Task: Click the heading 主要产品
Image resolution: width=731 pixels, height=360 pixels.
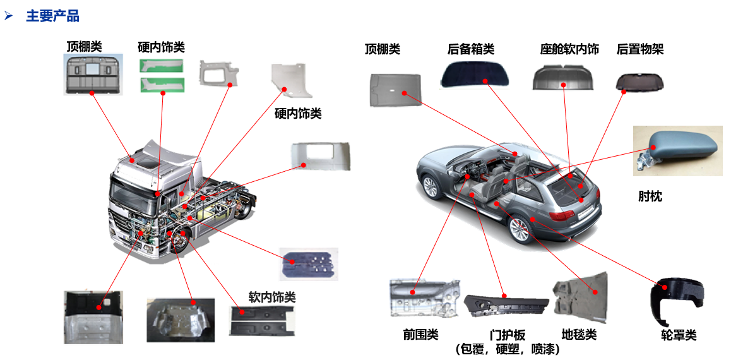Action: click(52, 16)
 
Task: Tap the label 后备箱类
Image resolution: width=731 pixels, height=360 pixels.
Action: click(470, 49)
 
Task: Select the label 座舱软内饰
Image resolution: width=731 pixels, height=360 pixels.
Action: click(569, 49)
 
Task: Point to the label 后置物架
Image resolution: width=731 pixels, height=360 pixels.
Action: click(639, 49)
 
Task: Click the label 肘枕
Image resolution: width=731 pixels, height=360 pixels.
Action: click(650, 196)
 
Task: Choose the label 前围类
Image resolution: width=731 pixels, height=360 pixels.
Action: click(420, 334)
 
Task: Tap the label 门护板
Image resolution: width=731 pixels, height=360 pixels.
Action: click(507, 335)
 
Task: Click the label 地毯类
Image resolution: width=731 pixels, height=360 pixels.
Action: click(579, 334)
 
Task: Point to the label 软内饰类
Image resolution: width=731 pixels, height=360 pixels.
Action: click(271, 297)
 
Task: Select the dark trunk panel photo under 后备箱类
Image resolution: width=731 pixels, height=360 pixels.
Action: click(480, 75)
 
